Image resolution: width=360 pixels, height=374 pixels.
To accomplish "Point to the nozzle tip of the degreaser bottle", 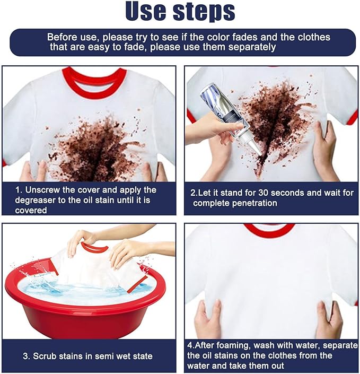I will click(x=258, y=152).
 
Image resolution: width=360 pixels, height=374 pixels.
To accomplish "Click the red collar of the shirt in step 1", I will click(x=94, y=85).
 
